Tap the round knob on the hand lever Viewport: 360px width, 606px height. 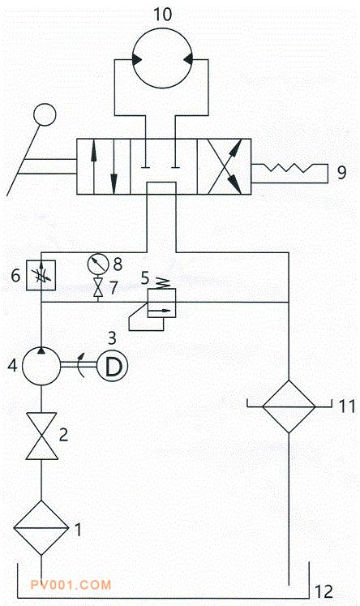click(x=45, y=114)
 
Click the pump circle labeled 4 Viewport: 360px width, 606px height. click(x=41, y=366)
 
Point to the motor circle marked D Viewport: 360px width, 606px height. click(x=113, y=366)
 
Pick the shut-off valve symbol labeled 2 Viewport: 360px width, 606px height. click(x=41, y=436)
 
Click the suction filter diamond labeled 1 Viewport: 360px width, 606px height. click(x=41, y=528)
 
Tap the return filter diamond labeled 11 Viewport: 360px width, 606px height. click(x=289, y=406)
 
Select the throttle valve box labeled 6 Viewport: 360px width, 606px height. click(x=41, y=275)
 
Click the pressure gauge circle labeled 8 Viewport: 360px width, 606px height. click(x=98, y=264)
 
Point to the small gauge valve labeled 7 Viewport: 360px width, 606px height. click(x=98, y=287)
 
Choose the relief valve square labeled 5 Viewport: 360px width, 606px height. click(x=162, y=303)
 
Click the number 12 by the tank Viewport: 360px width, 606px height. click(x=324, y=591)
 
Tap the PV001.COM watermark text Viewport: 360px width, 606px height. click(x=71, y=585)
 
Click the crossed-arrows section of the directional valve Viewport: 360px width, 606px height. click(x=224, y=166)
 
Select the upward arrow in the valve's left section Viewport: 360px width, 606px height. click(x=93, y=166)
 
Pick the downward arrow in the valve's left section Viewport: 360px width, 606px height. click(x=114, y=166)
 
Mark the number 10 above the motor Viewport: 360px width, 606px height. click(x=162, y=15)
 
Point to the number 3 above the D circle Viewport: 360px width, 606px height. click(x=112, y=338)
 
